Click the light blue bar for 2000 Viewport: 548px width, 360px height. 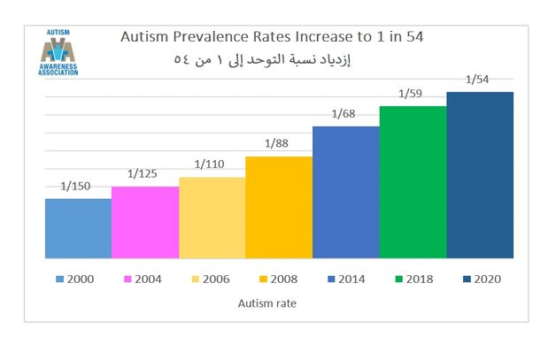(x=78, y=228)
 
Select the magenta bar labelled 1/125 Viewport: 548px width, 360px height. (x=145, y=222)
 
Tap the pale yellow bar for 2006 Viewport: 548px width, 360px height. (x=212, y=218)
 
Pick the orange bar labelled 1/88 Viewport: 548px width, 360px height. (x=278, y=207)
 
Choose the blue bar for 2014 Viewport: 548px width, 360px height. (x=345, y=192)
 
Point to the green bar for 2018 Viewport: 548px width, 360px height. (x=413, y=182)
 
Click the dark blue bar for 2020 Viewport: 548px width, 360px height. (x=480, y=175)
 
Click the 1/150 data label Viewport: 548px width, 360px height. (x=75, y=187)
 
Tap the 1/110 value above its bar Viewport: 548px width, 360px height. (x=210, y=165)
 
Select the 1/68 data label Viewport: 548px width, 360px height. (x=345, y=114)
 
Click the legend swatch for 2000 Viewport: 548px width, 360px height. (x=59, y=280)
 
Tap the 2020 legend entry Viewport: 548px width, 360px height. (x=481, y=280)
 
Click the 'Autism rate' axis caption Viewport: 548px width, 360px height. (x=266, y=303)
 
